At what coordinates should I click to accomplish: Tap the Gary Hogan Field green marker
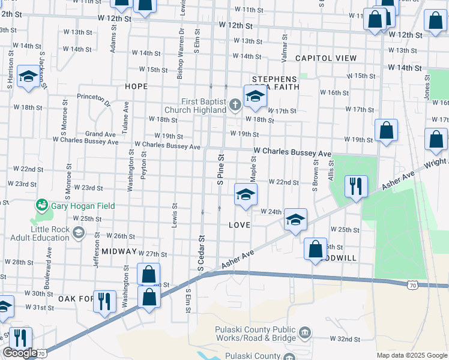[x=41, y=206]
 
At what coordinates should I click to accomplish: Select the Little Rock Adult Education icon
[x=78, y=232]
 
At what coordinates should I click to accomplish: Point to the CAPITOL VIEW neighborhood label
[x=326, y=58]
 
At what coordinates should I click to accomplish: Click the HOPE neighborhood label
[x=136, y=86]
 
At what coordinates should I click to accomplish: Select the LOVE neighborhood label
[x=239, y=225]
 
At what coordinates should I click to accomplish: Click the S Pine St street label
[x=220, y=168]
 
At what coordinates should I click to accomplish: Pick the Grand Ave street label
[x=100, y=134]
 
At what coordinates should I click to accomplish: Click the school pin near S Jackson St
[x=28, y=76]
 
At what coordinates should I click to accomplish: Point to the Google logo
[x=19, y=353]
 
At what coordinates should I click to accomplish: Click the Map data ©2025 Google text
[x=411, y=355]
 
